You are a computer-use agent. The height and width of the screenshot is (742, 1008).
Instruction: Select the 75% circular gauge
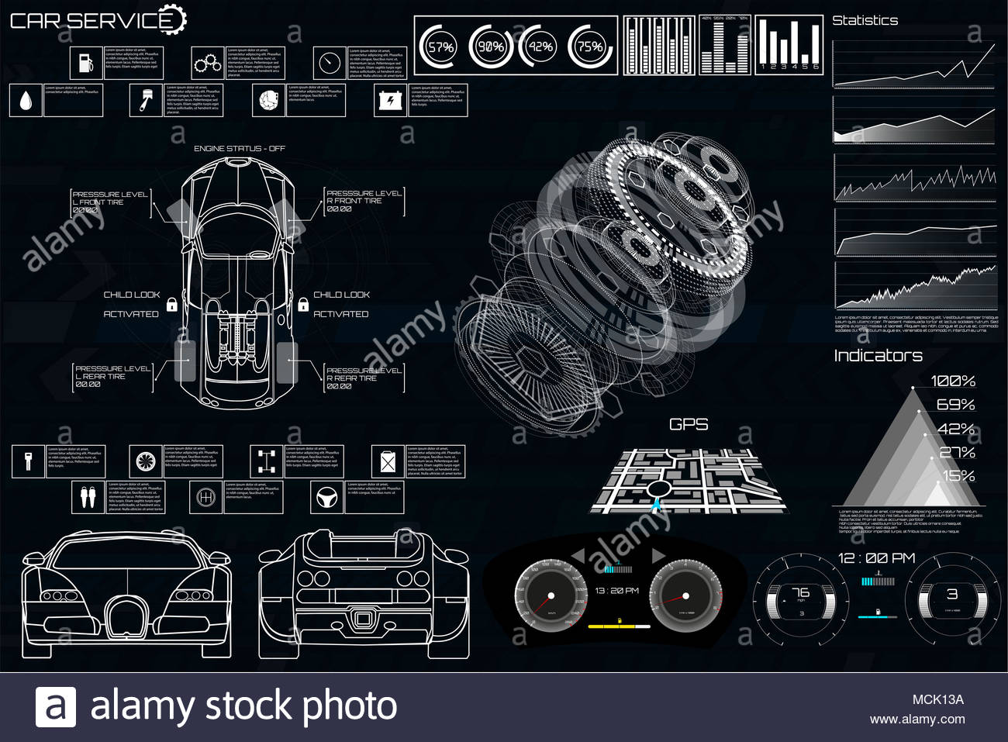click(x=590, y=47)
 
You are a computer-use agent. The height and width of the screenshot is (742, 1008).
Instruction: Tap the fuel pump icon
click(x=85, y=63)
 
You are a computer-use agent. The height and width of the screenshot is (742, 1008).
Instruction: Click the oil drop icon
click(x=26, y=101)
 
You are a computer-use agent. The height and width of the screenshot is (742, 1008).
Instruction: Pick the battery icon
click(x=389, y=101)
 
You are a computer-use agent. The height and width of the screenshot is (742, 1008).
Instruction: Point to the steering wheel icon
click(x=326, y=497)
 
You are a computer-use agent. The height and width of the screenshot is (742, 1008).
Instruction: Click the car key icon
click(x=28, y=461)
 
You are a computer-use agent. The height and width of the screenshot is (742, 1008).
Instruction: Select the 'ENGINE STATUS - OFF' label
click(x=240, y=148)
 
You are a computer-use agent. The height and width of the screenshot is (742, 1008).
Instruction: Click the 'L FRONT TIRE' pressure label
click(x=98, y=202)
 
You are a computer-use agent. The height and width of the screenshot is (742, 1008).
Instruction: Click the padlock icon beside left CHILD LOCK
click(x=171, y=305)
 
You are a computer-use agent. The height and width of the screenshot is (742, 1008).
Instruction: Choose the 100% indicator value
click(x=953, y=381)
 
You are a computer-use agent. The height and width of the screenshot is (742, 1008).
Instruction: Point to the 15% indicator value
click(x=958, y=475)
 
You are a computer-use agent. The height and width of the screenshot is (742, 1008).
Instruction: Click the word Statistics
click(x=865, y=21)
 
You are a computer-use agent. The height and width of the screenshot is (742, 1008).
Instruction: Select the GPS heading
click(x=689, y=424)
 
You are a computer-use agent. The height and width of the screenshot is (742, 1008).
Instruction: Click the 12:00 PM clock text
click(x=876, y=558)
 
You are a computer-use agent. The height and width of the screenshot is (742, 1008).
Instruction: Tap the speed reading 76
click(x=800, y=593)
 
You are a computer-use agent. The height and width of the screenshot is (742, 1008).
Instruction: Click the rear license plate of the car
click(x=363, y=619)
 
